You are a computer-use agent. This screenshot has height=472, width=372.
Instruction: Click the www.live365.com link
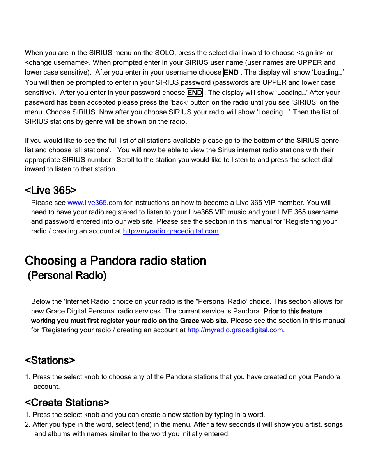click(95, 203)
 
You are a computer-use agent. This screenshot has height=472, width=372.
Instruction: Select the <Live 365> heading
click(51, 190)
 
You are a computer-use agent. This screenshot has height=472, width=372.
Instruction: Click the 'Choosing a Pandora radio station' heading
click(115, 260)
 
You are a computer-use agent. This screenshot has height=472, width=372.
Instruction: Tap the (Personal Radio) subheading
click(67, 276)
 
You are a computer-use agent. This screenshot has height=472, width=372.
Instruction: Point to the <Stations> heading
click(50, 360)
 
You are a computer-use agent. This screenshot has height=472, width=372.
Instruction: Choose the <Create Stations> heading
click(67, 403)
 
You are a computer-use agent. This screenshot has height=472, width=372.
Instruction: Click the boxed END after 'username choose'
click(231, 73)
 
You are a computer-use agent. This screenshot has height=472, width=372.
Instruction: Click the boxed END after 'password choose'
click(195, 93)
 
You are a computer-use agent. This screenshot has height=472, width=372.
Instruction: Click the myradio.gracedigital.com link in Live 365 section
click(170, 231)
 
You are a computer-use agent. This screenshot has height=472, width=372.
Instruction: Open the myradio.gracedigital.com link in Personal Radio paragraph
click(235, 330)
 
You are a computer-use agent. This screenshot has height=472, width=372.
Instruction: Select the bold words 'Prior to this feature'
click(293, 311)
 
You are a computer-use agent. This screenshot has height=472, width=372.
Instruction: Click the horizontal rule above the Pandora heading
click(186, 253)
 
